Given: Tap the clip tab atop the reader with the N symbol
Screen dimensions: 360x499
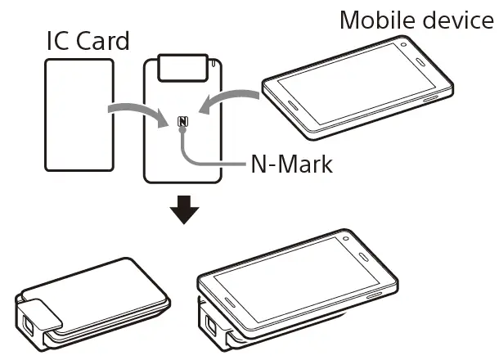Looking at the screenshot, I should coord(182,67).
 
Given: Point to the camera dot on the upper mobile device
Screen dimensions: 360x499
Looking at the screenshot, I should coord(403,43).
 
